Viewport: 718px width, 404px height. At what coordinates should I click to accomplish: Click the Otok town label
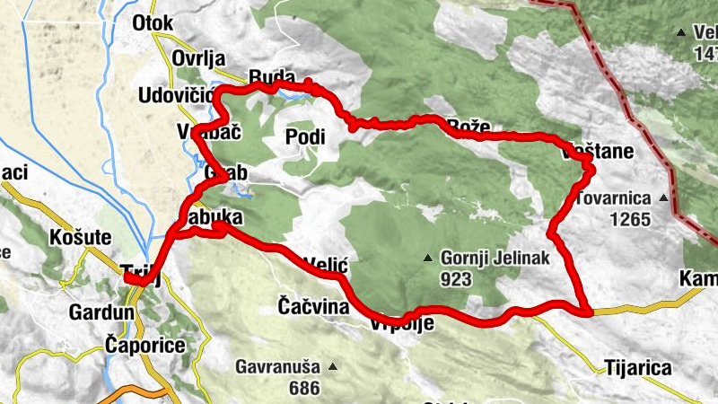pyautogui.click(x=152, y=22)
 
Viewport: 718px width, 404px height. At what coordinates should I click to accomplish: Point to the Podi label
pyautogui.click(x=303, y=136)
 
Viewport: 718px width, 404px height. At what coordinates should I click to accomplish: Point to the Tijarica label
pyautogui.click(x=638, y=368)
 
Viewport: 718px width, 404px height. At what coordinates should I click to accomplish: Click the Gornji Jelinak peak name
pyautogui.click(x=495, y=259)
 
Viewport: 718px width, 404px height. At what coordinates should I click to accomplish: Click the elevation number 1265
pyautogui.click(x=629, y=218)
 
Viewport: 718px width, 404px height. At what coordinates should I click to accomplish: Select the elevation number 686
pyautogui.click(x=305, y=389)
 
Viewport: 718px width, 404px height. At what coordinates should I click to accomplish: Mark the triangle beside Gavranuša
pyautogui.click(x=333, y=367)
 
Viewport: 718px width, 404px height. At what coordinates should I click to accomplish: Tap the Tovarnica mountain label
pyautogui.click(x=617, y=197)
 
